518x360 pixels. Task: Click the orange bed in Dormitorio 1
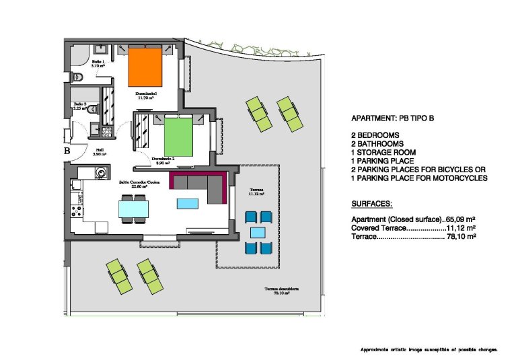tap(146, 67)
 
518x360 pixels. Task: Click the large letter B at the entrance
tap(67, 151)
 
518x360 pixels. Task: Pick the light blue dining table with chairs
tap(133, 209)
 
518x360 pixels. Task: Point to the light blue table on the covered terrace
tap(258, 232)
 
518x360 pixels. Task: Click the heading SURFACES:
tap(372, 203)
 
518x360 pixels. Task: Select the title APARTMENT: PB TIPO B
tap(393, 118)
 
